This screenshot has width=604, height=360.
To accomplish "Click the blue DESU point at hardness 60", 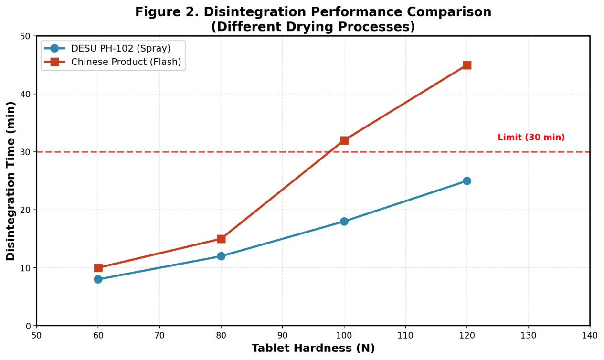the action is [98, 279].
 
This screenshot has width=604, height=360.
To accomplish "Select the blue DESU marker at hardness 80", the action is [221, 256].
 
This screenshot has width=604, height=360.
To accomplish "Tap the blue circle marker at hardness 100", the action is [344, 222].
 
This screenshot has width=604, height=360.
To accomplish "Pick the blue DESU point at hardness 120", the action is [467, 180].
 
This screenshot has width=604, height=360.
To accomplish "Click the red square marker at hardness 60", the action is [98, 268].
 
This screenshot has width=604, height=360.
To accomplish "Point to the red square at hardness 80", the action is [221, 239].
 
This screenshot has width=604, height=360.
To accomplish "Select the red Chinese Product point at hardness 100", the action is [344, 140].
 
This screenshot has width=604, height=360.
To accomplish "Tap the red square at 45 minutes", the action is [467, 65].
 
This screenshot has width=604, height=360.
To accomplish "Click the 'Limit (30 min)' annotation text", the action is [531, 137].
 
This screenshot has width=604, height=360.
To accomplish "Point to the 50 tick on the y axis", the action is [26, 36].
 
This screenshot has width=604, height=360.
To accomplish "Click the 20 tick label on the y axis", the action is [26, 210].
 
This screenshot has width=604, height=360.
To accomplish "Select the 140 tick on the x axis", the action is [590, 335].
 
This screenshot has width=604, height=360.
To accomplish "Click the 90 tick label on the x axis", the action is [282, 335].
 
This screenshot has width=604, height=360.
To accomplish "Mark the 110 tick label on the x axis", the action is [405, 335].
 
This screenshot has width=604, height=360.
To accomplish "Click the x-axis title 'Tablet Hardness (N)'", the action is [313, 348].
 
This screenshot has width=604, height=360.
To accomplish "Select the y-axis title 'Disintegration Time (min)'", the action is [11, 181].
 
